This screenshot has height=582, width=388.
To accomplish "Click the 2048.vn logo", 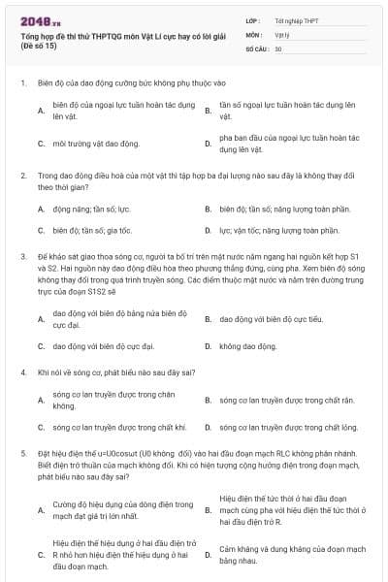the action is pyautogui.click(x=40, y=20).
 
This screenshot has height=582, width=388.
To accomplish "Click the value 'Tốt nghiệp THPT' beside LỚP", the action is pyautogui.click(x=295, y=19).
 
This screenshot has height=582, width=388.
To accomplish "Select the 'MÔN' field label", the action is pyautogui.click(x=253, y=34).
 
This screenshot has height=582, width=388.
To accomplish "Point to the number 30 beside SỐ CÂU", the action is pyautogui.click(x=278, y=48).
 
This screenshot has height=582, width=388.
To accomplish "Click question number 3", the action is pyautogui.click(x=22, y=256).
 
